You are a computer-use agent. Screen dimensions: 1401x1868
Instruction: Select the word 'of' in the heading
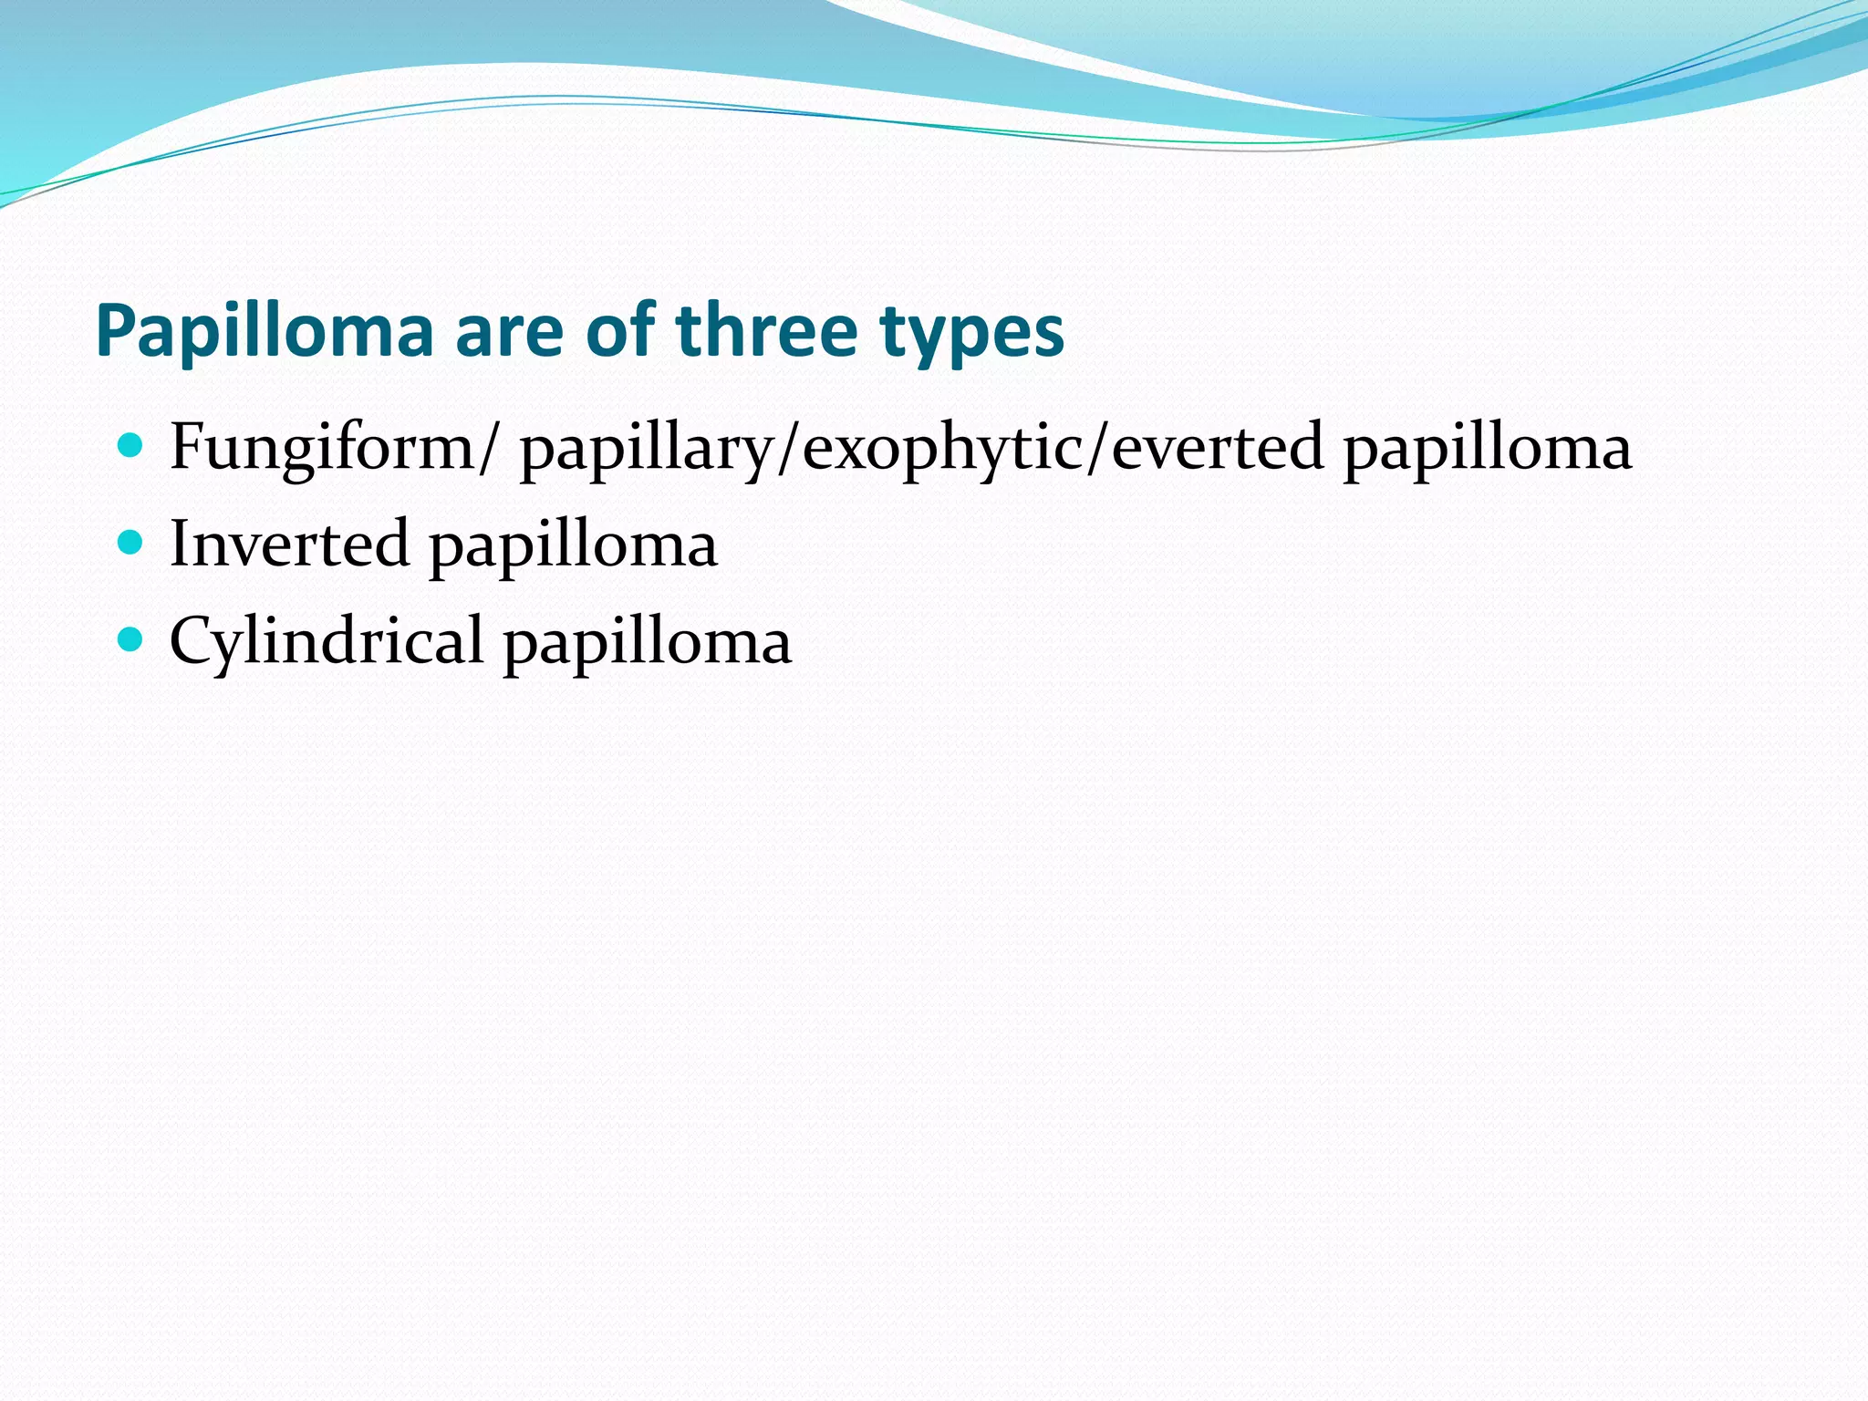[x=620, y=330]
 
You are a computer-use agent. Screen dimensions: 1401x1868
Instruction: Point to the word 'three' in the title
[x=766, y=330]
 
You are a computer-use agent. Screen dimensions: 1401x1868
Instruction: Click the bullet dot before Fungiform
[x=131, y=446]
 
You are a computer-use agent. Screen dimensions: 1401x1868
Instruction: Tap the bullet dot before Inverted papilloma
[x=131, y=543]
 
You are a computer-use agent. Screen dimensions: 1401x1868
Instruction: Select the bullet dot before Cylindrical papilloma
[x=131, y=639]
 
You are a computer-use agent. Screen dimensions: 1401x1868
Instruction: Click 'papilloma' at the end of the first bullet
[x=1488, y=451]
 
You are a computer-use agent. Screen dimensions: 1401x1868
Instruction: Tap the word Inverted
[x=289, y=545]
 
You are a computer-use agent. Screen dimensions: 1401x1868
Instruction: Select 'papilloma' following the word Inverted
[x=574, y=548]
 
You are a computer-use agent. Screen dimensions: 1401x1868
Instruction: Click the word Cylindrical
[x=327, y=642]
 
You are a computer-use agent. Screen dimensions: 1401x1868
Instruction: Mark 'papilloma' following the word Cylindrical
[x=648, y=645]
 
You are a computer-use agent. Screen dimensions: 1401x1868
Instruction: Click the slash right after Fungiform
[x=491, y=449]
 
